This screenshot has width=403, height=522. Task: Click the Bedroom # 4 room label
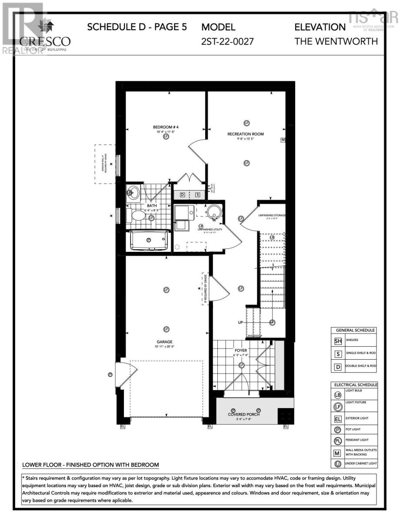pyautogui.click(x=165, y=127)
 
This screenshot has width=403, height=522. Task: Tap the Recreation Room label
pyautogui.click(x=246, y=134)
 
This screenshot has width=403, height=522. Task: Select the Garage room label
pyautogui.click(x=165, y=342)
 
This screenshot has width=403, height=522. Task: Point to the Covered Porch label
pyautogui.click(x=243, y=414)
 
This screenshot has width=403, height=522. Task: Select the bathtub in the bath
pyautogui.click(x=148, y=240)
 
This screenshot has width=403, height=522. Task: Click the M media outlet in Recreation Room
pyautogui.click(x=283, y=140)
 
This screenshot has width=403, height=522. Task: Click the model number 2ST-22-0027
pyautogui.click(x=227, y=42)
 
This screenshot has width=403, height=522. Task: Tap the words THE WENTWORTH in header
pyautogui.click(x=336, y=42)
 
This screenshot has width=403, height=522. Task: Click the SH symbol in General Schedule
pyautogui.click(x=338, y=341)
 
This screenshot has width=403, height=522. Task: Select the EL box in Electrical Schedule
pyautogui.click(x=338, y=420)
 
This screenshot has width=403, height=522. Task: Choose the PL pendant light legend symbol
pyautogui.click(x=338, y=441)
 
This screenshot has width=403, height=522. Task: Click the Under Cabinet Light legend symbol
pyautogui.click(x=338, y=464)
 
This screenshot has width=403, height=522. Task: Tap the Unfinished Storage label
pyautogui.click(x=272, y=215)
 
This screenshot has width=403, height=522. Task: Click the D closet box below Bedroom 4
pyautogui.click(x=183, y=194)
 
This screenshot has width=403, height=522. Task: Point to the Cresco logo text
pyautogui.click(x=45, y=41)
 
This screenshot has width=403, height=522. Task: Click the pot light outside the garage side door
pyautogui.click(x=110, y=374)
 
